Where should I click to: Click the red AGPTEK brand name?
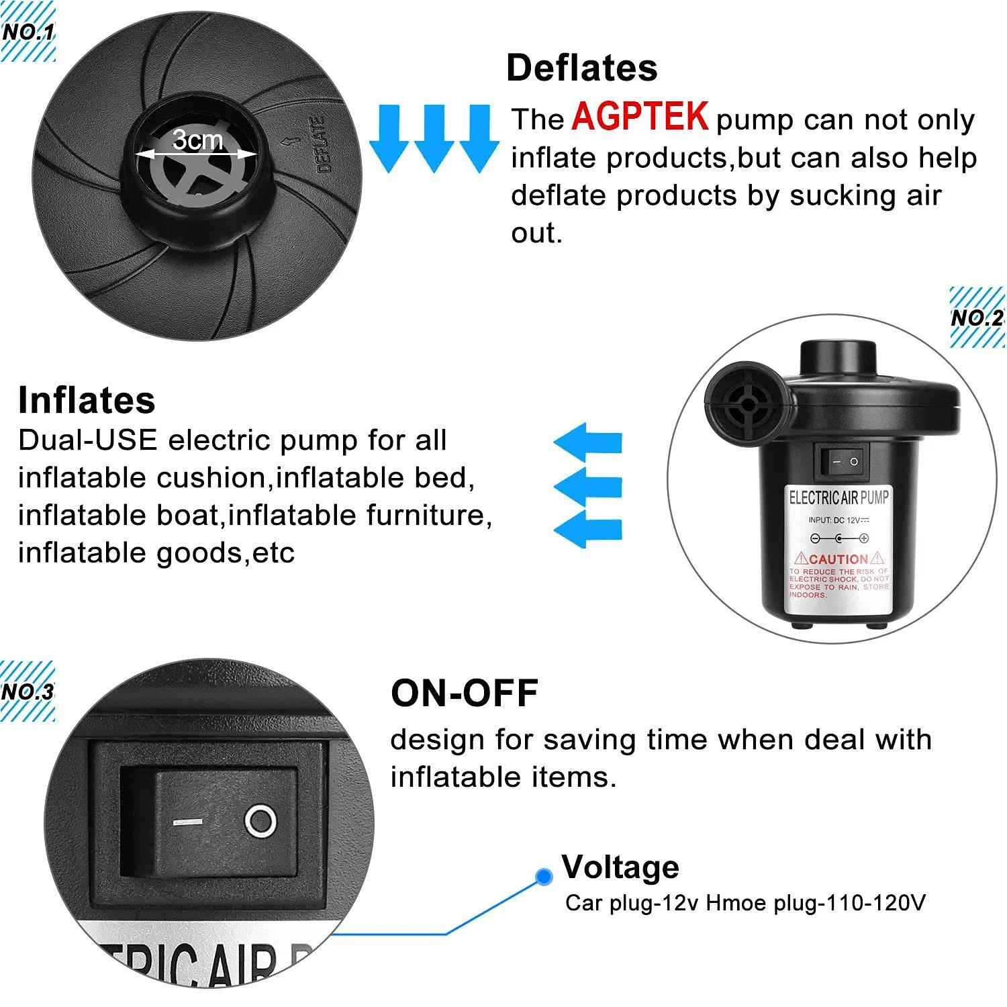(640, 117)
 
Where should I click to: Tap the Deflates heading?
(581, 68)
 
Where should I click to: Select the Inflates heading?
(87, 400)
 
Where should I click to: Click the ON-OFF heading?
(465, 693)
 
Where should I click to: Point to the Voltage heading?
(620, 867)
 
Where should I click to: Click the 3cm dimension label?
(197, 140)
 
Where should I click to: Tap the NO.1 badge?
(28, 32)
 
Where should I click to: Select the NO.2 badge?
(977, 318)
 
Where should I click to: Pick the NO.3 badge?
(28, 691)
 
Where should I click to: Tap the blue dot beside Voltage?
(544, 876)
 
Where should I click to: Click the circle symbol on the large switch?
(260, 821)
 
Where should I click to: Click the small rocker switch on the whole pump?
(845, 462)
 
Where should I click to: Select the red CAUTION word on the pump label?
(838, 559)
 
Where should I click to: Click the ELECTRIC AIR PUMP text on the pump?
(838, 497)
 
